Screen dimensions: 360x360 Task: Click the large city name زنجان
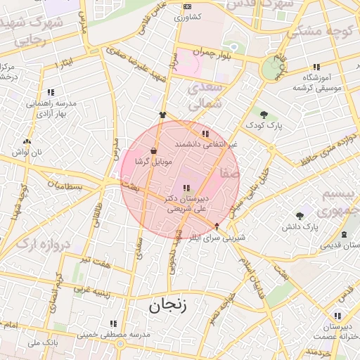[169, 305]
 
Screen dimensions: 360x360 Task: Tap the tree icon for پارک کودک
[264, 114]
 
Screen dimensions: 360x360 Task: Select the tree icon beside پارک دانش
[300, 215]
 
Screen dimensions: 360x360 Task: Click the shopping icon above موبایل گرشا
[153, 150]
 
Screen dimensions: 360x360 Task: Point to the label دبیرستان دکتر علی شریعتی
[185, 203]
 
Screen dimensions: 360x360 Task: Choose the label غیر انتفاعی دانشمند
[205, 143]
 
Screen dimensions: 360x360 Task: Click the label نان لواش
[32, 152]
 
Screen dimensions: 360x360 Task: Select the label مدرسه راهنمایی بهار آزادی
[51, 108]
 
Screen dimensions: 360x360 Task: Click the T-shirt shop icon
[163, 115]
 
